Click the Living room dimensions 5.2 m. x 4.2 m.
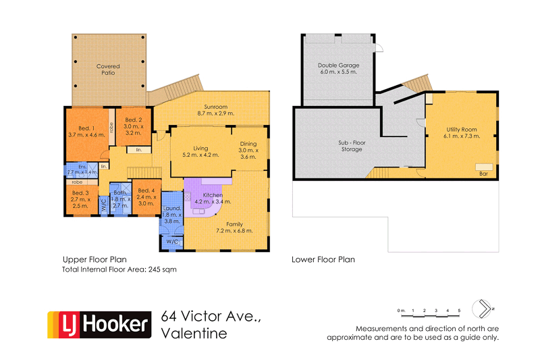(200, 155)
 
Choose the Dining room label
(249, 143)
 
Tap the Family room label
(234, 223)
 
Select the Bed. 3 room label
(80, 193)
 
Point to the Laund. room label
(172, 209)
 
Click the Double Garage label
(337, 65)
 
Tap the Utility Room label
(462, 129)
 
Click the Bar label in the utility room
(483, 174)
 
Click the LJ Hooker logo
(98, 325)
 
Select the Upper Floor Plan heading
(94, 259)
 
